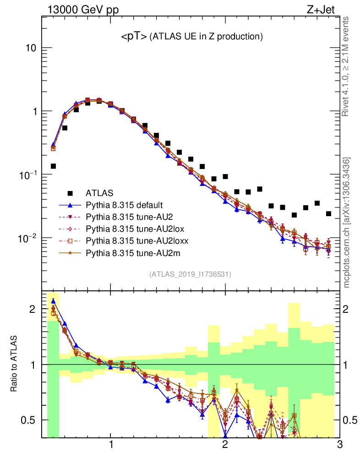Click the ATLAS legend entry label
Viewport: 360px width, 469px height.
click(x=99, y=193)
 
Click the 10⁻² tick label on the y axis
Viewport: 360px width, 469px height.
click(x=28, y=238)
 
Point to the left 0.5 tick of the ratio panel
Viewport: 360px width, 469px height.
click(x=30, y=420)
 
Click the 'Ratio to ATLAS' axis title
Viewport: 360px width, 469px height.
click(x=15, y=365)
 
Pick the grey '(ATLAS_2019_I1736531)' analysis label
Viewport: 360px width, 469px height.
click(x=190, y=274)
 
